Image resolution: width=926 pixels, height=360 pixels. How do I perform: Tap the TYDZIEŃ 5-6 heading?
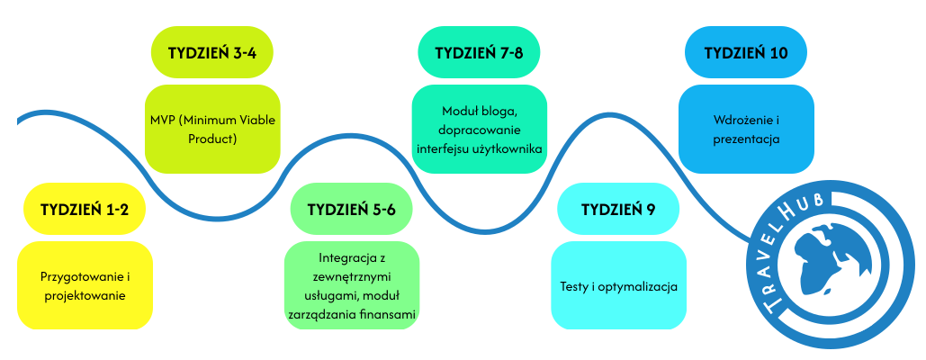pyautogui.click(x=352, y=210)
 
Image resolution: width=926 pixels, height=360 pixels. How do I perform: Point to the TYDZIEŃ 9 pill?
pyautogui.click(x=618, y=210)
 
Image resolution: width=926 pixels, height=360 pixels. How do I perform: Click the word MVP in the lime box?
pyautogui.click(x=162, y=121)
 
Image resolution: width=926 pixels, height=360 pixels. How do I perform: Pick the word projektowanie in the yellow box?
pyautogui.click(x=85, y=295)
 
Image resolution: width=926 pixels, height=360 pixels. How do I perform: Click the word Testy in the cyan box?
pyautogui.click(x=565, y=287)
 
